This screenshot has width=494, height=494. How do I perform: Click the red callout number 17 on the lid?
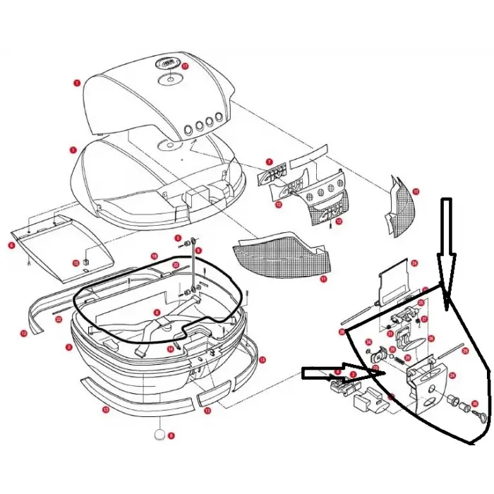tap(186, 66)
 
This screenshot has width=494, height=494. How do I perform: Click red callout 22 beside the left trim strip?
tap(59, 319)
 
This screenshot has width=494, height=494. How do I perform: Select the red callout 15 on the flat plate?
tap(76, 263)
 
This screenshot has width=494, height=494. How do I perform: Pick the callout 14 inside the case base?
tap(170, 349)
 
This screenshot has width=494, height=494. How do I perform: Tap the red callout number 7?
tap(269, 162)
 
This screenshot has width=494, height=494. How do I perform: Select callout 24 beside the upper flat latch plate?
tap(414, 263)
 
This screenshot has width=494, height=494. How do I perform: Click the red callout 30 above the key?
tap(474, 403)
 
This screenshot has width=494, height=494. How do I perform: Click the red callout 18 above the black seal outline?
tap(154, 255)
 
